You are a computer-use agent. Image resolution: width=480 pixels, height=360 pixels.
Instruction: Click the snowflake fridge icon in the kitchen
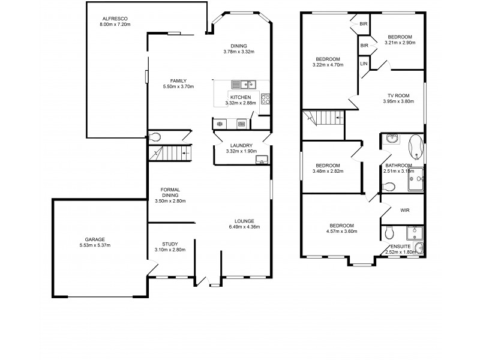pyautogui.click(x=220, y=124)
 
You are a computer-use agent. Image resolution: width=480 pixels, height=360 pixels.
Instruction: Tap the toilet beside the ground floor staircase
pyautogui.click(x=155, y=136)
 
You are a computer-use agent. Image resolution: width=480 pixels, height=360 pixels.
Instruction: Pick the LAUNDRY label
pyautogui.click(x=240, y=145)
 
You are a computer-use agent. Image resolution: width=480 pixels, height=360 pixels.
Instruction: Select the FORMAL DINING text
pyautogui.click(x=170, y=193)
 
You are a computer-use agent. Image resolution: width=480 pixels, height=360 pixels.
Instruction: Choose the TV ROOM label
pyautogui.click(x=398, y=95)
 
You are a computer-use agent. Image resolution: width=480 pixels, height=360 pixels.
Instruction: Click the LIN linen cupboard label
pyautogui.click(x=364, y=64)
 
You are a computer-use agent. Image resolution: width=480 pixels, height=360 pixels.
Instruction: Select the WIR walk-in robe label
pyautogui.click(x=404, y=210)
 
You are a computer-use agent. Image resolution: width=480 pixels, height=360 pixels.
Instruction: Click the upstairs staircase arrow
pyautogui.click(x=340, y=118)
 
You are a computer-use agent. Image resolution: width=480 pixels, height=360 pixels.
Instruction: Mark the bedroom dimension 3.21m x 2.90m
pyautogui.click(x=400, y=43)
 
